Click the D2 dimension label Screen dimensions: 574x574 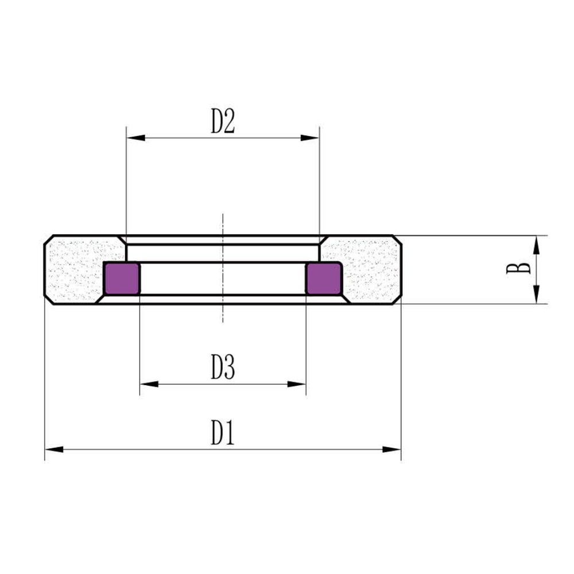pyautogui.click(x=223, y=121)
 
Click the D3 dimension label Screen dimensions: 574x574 pyautogui.click(x=223, y=367)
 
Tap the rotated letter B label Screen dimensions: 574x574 pyautogui.click(x=518, y=268)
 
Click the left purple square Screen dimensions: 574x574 pyautogui.click(x=122, y=278)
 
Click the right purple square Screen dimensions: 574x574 pyautogui.click(x=324, y=278)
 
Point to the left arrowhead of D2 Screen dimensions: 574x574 pyautogui.click(x=136, y=138)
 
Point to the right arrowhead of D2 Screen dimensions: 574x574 pyautogui.click(x=310, y=138)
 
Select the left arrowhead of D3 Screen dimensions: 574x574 pyautogui.click(x=149, y=384)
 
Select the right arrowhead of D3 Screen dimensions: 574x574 pyautogui.click(x=296, y=384)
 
